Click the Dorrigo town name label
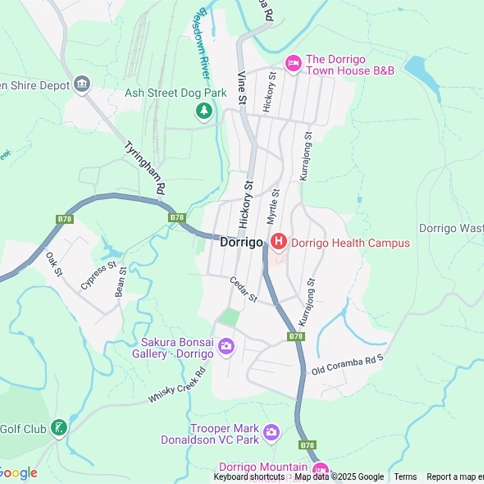pyautogui.click(x=241, y=243)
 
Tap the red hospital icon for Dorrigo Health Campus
pyautogui.click(x=278, y=243)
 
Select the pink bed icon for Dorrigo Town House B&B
pyautogui.click(x=293, y=64)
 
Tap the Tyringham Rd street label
pyautogui.click(x=145, y=168)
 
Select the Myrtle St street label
pyautogui.click(x=273, y=207)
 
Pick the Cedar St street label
pyautogui.click(x=244, y=290)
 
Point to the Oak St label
pyautogui.click(x=54, y=264)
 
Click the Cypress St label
pyautogui.click(x=98, y=276)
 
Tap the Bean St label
pyautogui.click(x=121, y=282)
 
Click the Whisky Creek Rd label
pyautogui.click(x=177, y=385)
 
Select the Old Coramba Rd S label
pyautogui.click(x=347, y=364)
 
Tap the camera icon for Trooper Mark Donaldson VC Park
pyautogui.click(x=271, y=431)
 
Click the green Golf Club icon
pyautogui.click(x=59, y=428)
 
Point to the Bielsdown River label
pyautogui.click(x=203, y=45)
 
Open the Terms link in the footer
pyautogui.click(x=405, y=477)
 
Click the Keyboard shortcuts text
pyautogui.click(x=249, y=477)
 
